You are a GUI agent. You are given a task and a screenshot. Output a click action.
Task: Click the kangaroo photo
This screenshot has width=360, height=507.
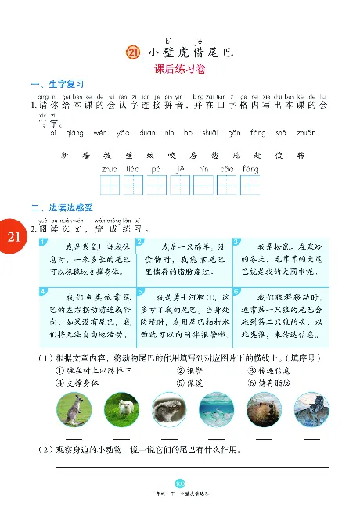[x=73, y=408]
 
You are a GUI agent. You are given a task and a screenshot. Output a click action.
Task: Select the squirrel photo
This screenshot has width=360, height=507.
[x=168, y=408]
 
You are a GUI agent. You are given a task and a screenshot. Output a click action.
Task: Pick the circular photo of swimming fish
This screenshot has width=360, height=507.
[x=215, y=408]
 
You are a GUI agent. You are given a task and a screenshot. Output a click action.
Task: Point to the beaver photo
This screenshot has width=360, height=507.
[x=262, y=408]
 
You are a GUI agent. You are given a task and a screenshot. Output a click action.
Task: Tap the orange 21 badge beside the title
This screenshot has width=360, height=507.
[x=131, y=52]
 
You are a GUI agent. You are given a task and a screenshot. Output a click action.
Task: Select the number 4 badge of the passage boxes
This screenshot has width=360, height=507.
[x=42, y=292]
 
